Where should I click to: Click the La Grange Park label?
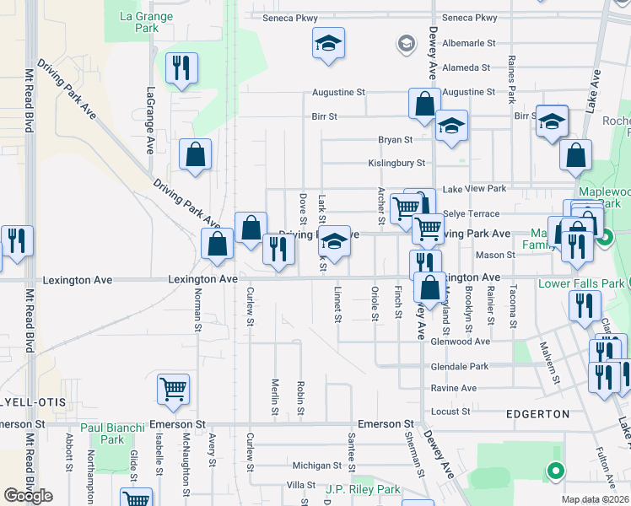tap(147, 22)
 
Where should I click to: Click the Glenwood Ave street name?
tap(460, 342)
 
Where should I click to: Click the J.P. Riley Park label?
tap(363, 489)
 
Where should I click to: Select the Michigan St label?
tap(315, 465)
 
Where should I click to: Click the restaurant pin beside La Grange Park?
tap(182, 68)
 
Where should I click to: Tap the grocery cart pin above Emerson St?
tap(173, 390)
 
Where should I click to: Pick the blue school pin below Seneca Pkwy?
tap(327, 43)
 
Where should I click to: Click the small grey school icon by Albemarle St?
tap(407, 44)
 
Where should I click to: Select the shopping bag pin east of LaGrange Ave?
tap(196, 155)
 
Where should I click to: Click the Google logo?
tap(28, 496)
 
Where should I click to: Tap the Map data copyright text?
tap(596, 499)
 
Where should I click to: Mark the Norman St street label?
tap(198, 309)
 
